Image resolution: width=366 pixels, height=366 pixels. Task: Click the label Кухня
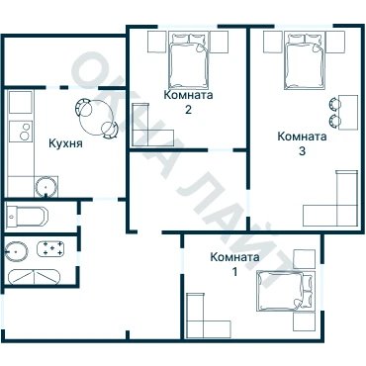point(65,143)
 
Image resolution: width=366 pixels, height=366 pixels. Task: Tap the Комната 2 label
point(188,102)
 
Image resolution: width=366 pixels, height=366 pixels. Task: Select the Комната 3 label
point(302,143)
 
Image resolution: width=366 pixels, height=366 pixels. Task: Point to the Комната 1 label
point(234,264)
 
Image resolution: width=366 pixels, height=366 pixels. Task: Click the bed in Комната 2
point(189,60)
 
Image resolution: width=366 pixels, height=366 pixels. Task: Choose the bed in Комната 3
point(304,60)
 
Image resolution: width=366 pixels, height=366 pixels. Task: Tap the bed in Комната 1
point(285,291)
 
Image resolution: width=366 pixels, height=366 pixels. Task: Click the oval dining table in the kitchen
point(96,118)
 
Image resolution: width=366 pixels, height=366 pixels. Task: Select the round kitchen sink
point(46,187)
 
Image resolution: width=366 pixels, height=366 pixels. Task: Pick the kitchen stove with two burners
point(21,132)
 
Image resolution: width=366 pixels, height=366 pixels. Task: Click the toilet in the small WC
point(27,216)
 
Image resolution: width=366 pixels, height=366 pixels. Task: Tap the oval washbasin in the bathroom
point(16,251)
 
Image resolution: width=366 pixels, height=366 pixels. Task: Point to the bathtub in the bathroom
point(35,277)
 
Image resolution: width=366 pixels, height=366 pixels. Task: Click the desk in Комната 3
point(348,113)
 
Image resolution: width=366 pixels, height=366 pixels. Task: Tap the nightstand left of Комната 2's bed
point(156,42)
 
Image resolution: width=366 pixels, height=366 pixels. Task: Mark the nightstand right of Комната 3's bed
point(335,42)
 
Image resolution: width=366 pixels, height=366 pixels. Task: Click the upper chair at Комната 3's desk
point(334,104)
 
